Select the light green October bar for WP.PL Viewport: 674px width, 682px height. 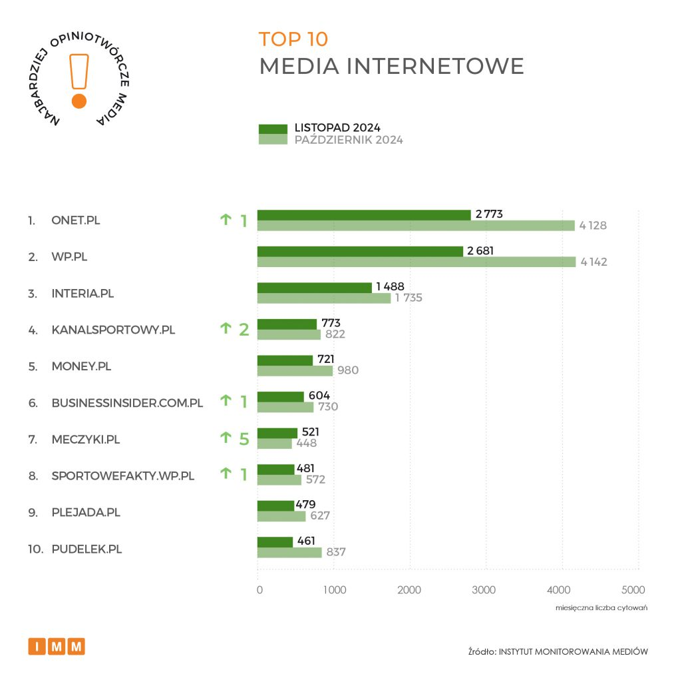[416, 262]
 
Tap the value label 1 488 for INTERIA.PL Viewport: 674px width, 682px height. [390, 286]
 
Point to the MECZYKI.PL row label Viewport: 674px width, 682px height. [86, 440]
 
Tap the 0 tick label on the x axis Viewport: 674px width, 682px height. [259, 589]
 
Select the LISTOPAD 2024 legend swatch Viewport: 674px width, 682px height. [272, 128]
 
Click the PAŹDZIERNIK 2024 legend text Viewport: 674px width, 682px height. [349, 140]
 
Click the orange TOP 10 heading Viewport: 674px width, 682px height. [293, 39]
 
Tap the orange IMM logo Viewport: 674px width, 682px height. [57, 646]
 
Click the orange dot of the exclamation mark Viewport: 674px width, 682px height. [79, 101]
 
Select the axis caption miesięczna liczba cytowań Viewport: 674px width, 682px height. [601, 609]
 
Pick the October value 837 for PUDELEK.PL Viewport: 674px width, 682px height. [336, 551]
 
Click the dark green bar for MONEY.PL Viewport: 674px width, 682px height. [285, 360]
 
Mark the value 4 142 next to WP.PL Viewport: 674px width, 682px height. [593, 262]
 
